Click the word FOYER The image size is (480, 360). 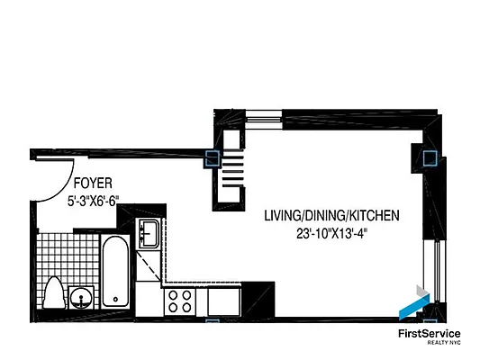[86, 182]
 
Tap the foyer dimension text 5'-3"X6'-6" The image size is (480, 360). [100, 202]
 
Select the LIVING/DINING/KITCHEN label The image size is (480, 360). [331, 216]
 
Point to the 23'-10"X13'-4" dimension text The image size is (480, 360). [331, 235]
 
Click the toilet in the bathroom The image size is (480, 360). [53, 293]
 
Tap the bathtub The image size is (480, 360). [114, 270]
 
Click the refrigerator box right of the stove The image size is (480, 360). [223, 301]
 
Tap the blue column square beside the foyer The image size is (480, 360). [213, 159]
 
